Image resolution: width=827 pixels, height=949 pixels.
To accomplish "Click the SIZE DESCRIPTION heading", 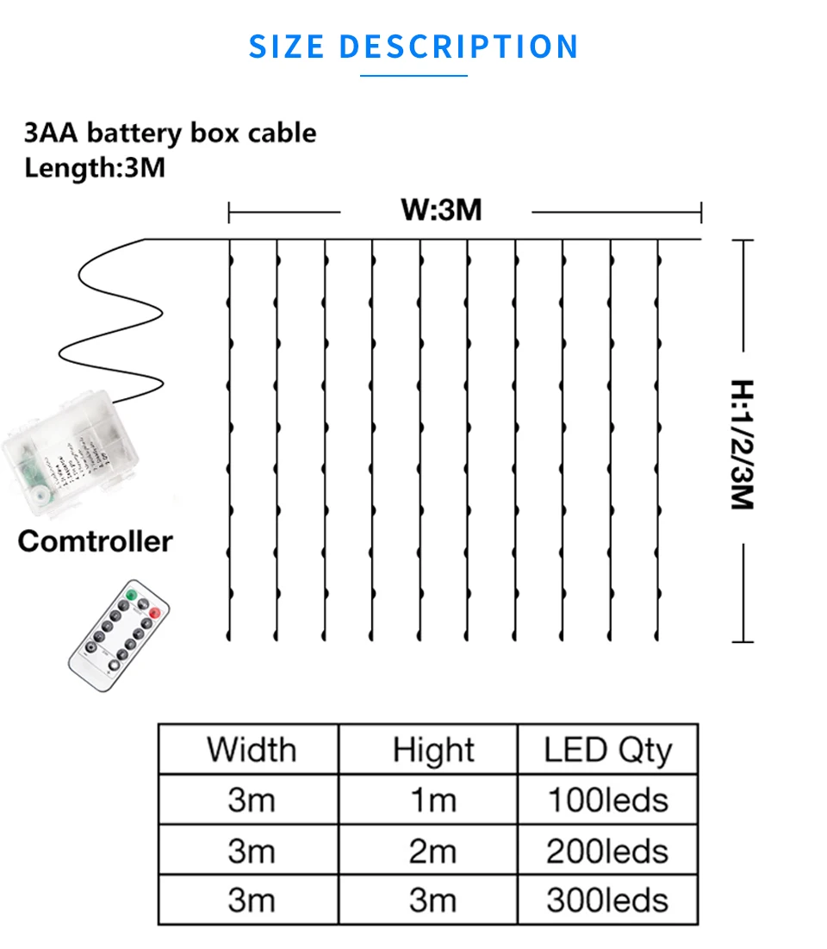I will pos(413,46).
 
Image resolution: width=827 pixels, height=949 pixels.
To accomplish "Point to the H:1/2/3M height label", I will pos(742,444).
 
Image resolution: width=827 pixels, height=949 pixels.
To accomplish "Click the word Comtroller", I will pos(95,541).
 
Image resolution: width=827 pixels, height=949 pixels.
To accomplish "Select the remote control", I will pos(120,636).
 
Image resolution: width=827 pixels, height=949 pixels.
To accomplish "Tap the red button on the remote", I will pos(155,613).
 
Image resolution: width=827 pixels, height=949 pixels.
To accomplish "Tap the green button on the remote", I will pos(131,595).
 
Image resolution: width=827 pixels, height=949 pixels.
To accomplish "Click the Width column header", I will pos(251,749).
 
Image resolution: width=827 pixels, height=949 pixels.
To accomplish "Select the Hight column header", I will pos(433,750).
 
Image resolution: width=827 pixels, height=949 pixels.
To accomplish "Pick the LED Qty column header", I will pos(607,750).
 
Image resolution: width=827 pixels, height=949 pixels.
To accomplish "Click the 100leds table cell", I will pos(607,800).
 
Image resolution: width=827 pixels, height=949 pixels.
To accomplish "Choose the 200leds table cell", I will pos(607,851).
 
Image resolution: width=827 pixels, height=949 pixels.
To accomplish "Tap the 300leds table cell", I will pos(607,900).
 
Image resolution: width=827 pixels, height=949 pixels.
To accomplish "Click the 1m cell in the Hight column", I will pos(433,800).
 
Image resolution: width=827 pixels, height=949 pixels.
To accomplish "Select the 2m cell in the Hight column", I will pos(433,851).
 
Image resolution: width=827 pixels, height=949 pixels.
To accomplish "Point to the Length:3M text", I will pos(95,166).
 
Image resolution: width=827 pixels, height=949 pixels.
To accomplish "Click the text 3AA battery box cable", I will pos(170,133).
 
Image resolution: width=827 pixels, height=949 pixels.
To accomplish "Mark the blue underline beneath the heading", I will pos(413,76).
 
